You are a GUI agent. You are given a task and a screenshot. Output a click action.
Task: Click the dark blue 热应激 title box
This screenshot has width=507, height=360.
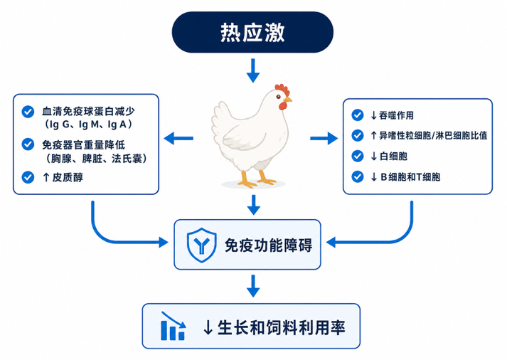[x=252, y=32]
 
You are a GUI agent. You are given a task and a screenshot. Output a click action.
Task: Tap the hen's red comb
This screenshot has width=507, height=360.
[x=282, y=90]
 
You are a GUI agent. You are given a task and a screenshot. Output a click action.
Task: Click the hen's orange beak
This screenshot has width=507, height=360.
[x=288, y=100]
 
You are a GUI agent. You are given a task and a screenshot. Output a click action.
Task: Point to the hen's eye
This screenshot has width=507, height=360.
[x=278, y=96]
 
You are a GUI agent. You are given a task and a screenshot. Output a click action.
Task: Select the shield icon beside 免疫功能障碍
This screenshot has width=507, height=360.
[x=201, y=245]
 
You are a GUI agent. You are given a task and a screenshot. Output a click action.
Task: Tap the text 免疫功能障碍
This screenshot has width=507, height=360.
[x=268, y=245]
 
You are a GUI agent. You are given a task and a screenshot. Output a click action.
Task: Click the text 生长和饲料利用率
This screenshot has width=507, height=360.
[x=282, y=327]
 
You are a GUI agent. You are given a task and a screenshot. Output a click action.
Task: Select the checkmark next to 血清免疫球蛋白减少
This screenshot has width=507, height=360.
[x=28, y=112]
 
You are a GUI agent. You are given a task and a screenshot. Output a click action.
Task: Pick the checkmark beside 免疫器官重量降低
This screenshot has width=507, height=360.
[x=28, y=144]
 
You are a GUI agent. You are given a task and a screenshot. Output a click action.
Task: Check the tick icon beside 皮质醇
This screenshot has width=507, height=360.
[x=28, y=177]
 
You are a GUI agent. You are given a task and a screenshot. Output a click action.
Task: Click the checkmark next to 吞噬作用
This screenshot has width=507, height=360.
[x=357, y=115]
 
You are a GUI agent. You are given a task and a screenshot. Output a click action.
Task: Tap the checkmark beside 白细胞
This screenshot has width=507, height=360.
[x=357, y=157]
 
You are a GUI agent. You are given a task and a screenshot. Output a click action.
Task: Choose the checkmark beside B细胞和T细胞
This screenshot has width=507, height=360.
[x=357, y=177]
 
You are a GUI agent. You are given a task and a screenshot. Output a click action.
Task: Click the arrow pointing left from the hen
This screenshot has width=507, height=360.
[x=178, y=139]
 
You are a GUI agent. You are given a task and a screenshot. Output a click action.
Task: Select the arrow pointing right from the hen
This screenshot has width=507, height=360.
[x=324, y=139]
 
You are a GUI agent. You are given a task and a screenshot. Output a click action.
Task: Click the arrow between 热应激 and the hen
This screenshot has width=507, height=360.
[x=253, y=70]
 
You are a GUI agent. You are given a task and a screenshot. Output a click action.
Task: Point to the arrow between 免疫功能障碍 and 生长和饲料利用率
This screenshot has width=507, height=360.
[x=253, y=286]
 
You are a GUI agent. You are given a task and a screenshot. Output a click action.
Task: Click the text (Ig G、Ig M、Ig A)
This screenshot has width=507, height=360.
[x=88, y=125]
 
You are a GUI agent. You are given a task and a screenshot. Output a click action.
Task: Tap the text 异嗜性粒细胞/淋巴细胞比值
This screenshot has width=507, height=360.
[x=433, y=135]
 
